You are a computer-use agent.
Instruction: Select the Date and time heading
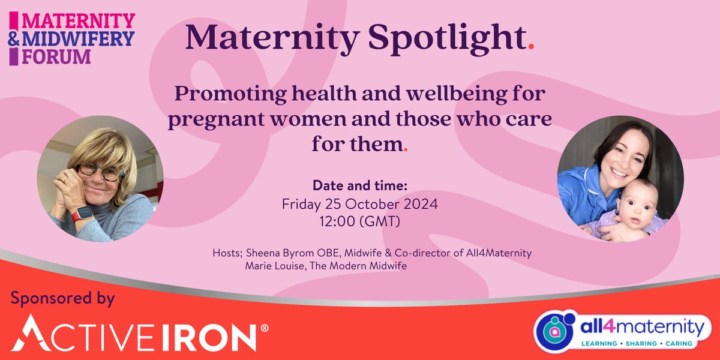(x=359, y=186)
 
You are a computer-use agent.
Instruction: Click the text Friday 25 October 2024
(x=359, y=204)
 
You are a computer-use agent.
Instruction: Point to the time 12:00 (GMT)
(x=359, y=221)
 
